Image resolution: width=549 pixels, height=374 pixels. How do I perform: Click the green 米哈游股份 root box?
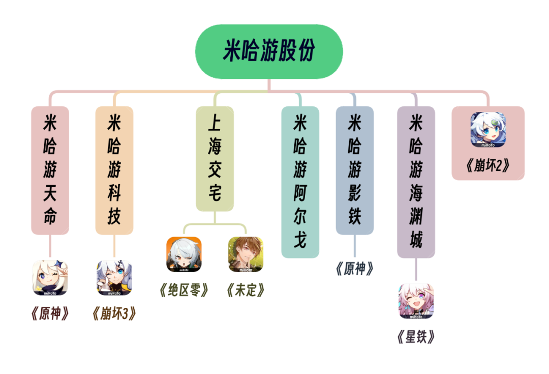(x=269, y=51)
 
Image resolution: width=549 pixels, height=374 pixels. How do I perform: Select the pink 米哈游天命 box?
(x=50, y=170)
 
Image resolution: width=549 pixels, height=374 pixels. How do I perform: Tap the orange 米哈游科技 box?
(x=114, y=170)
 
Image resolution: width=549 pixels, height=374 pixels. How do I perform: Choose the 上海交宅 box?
(x=215, y=158)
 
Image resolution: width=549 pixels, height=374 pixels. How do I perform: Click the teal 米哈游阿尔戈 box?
(x=300, y=182)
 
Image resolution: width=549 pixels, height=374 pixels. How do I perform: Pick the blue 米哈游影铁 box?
(x=354, y=170)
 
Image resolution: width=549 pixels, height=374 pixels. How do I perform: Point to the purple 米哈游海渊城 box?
(x=416, y=182)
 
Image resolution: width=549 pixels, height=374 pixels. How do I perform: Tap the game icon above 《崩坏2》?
(x=488, y=130)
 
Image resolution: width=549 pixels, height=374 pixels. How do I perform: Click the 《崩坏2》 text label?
(x=488, y=166)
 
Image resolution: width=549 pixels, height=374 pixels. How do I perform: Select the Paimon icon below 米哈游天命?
(x=50, y=278)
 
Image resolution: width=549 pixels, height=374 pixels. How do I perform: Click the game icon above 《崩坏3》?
(x=114, y=278)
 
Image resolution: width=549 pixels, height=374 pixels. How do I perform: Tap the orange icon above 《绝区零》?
(x=184, y=254)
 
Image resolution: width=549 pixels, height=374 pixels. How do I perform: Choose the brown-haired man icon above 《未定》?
(x=246, y=254)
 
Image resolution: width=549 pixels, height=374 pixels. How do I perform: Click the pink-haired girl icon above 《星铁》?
(x=416, y=301)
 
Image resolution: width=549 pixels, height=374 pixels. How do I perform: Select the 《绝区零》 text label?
(x=184, y=290)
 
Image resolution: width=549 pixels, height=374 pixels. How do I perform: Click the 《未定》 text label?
(x=246, y=290)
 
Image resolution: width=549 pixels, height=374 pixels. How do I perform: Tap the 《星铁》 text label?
(x=416, y=337)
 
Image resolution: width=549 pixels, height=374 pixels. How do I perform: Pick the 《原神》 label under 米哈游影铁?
(x=354, y=269)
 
